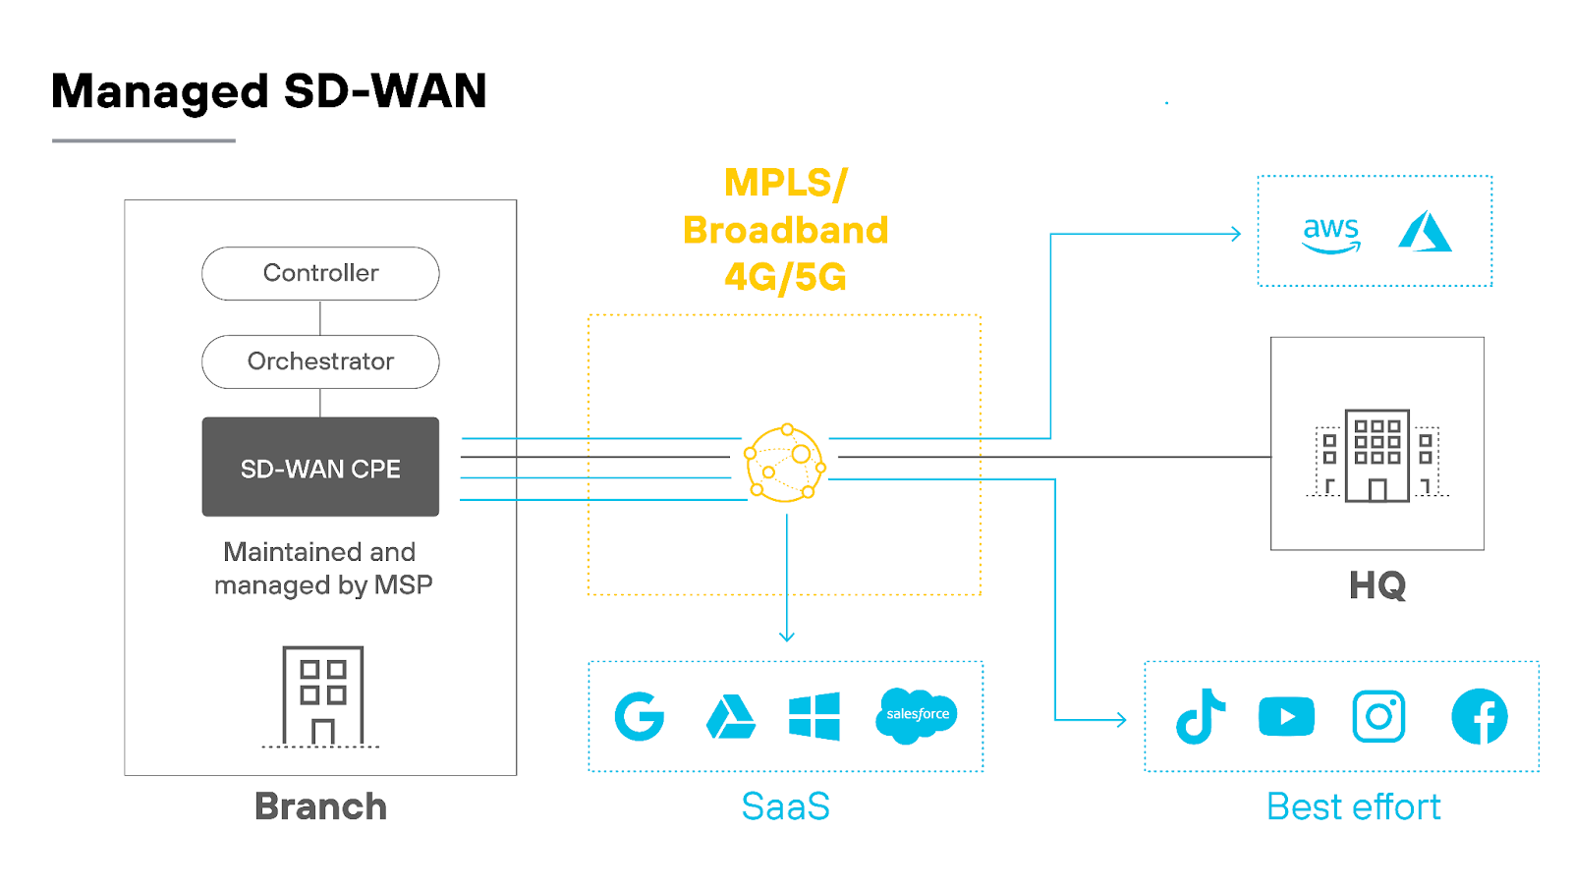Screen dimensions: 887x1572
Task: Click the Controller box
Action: point(320,273)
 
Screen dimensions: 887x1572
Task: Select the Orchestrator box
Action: point(320,361)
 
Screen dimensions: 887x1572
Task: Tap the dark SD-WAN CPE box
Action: point(320,468)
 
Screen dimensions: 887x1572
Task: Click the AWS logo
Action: point(1330,234)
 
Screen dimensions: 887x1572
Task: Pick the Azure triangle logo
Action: point(1425,232)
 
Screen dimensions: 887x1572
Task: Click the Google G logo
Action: point(640,716)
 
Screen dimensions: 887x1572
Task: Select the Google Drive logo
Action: point(731,717)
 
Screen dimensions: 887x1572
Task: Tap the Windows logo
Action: point(814,716)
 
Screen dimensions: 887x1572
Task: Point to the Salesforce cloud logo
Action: point(917,715)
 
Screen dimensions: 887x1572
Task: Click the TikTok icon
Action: point(1200,716)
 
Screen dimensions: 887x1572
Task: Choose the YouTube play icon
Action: point(1286,716)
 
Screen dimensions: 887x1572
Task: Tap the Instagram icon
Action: point(1378,716)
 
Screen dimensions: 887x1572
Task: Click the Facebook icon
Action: point(1479,716)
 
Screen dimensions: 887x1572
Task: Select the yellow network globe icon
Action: point(785,464)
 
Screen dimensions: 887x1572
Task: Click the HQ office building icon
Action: point(1376,455)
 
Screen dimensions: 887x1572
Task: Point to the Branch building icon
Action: point(322,695)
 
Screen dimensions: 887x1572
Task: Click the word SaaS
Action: point(785,806)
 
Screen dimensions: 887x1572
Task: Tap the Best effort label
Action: point(1353,806)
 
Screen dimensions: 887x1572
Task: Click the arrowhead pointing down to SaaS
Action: point(786,637)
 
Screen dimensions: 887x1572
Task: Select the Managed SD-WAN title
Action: point(268,91)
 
